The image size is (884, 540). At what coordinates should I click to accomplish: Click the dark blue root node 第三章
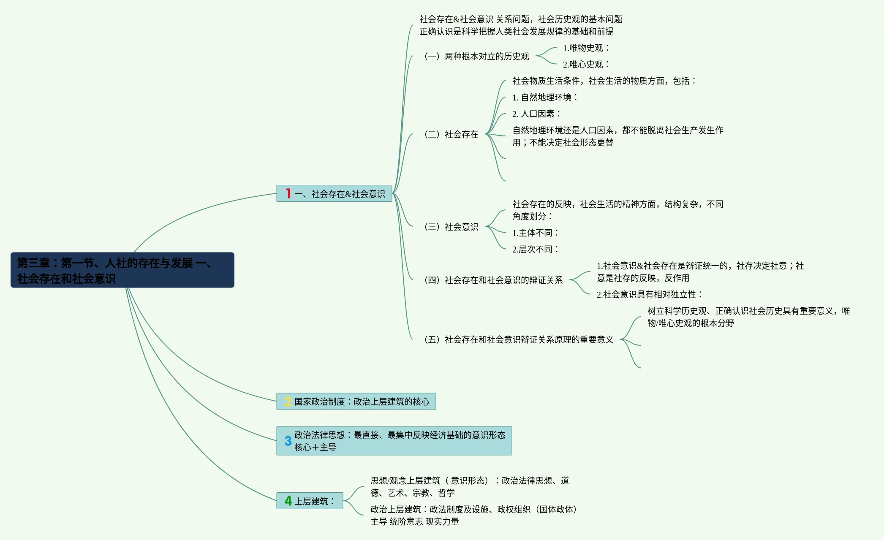point(122,270)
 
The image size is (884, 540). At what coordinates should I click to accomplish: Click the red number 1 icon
point(288,193)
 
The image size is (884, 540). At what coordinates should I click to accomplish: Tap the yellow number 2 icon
point(288,402)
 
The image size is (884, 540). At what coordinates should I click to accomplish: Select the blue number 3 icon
point(288,441)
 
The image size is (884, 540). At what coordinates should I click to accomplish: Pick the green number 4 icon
point(288,501)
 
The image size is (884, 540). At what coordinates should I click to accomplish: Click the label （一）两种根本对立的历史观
point(477,56)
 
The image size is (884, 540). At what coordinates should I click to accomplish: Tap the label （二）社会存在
point(452,134)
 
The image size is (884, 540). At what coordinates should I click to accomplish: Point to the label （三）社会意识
point(452,227)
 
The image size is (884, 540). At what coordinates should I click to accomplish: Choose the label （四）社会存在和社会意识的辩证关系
point(494,280)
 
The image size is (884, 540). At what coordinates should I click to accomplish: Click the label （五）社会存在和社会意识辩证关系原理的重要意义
point(519,339)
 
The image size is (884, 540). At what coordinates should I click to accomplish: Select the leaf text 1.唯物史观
point(586,48)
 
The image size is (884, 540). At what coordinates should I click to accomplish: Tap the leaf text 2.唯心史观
point(586,64)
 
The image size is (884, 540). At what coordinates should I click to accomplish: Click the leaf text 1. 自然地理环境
point(544,98)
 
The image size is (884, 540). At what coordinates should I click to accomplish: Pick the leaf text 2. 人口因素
point(536,114)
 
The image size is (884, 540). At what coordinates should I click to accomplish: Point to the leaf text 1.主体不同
point(535,233)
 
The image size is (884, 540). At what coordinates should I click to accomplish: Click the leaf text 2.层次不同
point(535,250)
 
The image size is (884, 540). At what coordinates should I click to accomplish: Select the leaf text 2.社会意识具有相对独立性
point(649,295)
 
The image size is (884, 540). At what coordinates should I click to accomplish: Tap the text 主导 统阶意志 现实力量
point(415,522)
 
